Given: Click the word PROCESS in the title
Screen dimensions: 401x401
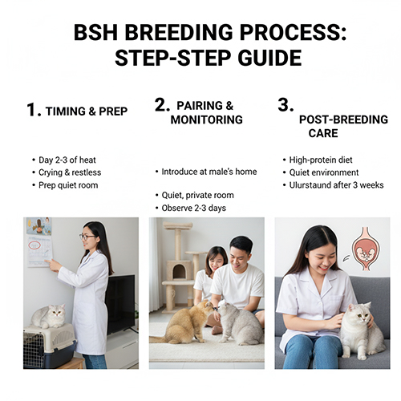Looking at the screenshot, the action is pyautogui.click(x=293, y=33).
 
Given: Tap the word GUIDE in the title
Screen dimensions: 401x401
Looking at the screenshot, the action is pyautogui.click(x=269, y=58).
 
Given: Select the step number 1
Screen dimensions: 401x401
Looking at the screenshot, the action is pyautogui.click(x=34, y=110).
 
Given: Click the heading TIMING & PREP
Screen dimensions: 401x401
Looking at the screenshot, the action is pyautogui.click(x=87, y=111).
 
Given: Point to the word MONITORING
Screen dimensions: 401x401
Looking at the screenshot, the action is pyautogui.click(x=207, y=119).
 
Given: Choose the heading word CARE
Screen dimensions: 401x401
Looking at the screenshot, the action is pyautogui.click(x=323, y=133).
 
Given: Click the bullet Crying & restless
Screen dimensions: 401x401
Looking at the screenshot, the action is pyautogui.click(x=70, y=172).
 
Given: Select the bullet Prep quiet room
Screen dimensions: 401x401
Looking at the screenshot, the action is pyautogui.click(x=68, y=185).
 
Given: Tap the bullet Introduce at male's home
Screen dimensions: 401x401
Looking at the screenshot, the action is pyautogui.click(x=209, y=172).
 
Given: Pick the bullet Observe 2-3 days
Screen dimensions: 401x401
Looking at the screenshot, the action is pyautogui.click(x=194, y=208).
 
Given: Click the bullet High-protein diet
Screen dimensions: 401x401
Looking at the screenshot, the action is pyautogui.click(x=321, y=160).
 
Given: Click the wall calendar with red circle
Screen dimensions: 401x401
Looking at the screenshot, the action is pyautogui.click(x=40, y=251).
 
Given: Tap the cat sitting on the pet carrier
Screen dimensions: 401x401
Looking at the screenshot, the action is pyautogui.click(x=49, y=316).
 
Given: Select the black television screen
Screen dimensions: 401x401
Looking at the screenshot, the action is pyautogui.click(x=120, y=304).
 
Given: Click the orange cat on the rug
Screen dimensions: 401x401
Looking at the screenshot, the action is pyautogui.click(x=184, y=322).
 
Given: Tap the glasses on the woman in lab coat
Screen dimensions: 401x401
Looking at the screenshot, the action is pyautogui.click(x=87, y=237).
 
